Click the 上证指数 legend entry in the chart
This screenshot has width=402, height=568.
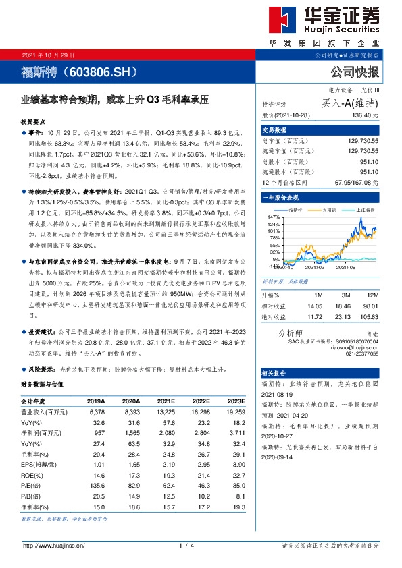(365, 210)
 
